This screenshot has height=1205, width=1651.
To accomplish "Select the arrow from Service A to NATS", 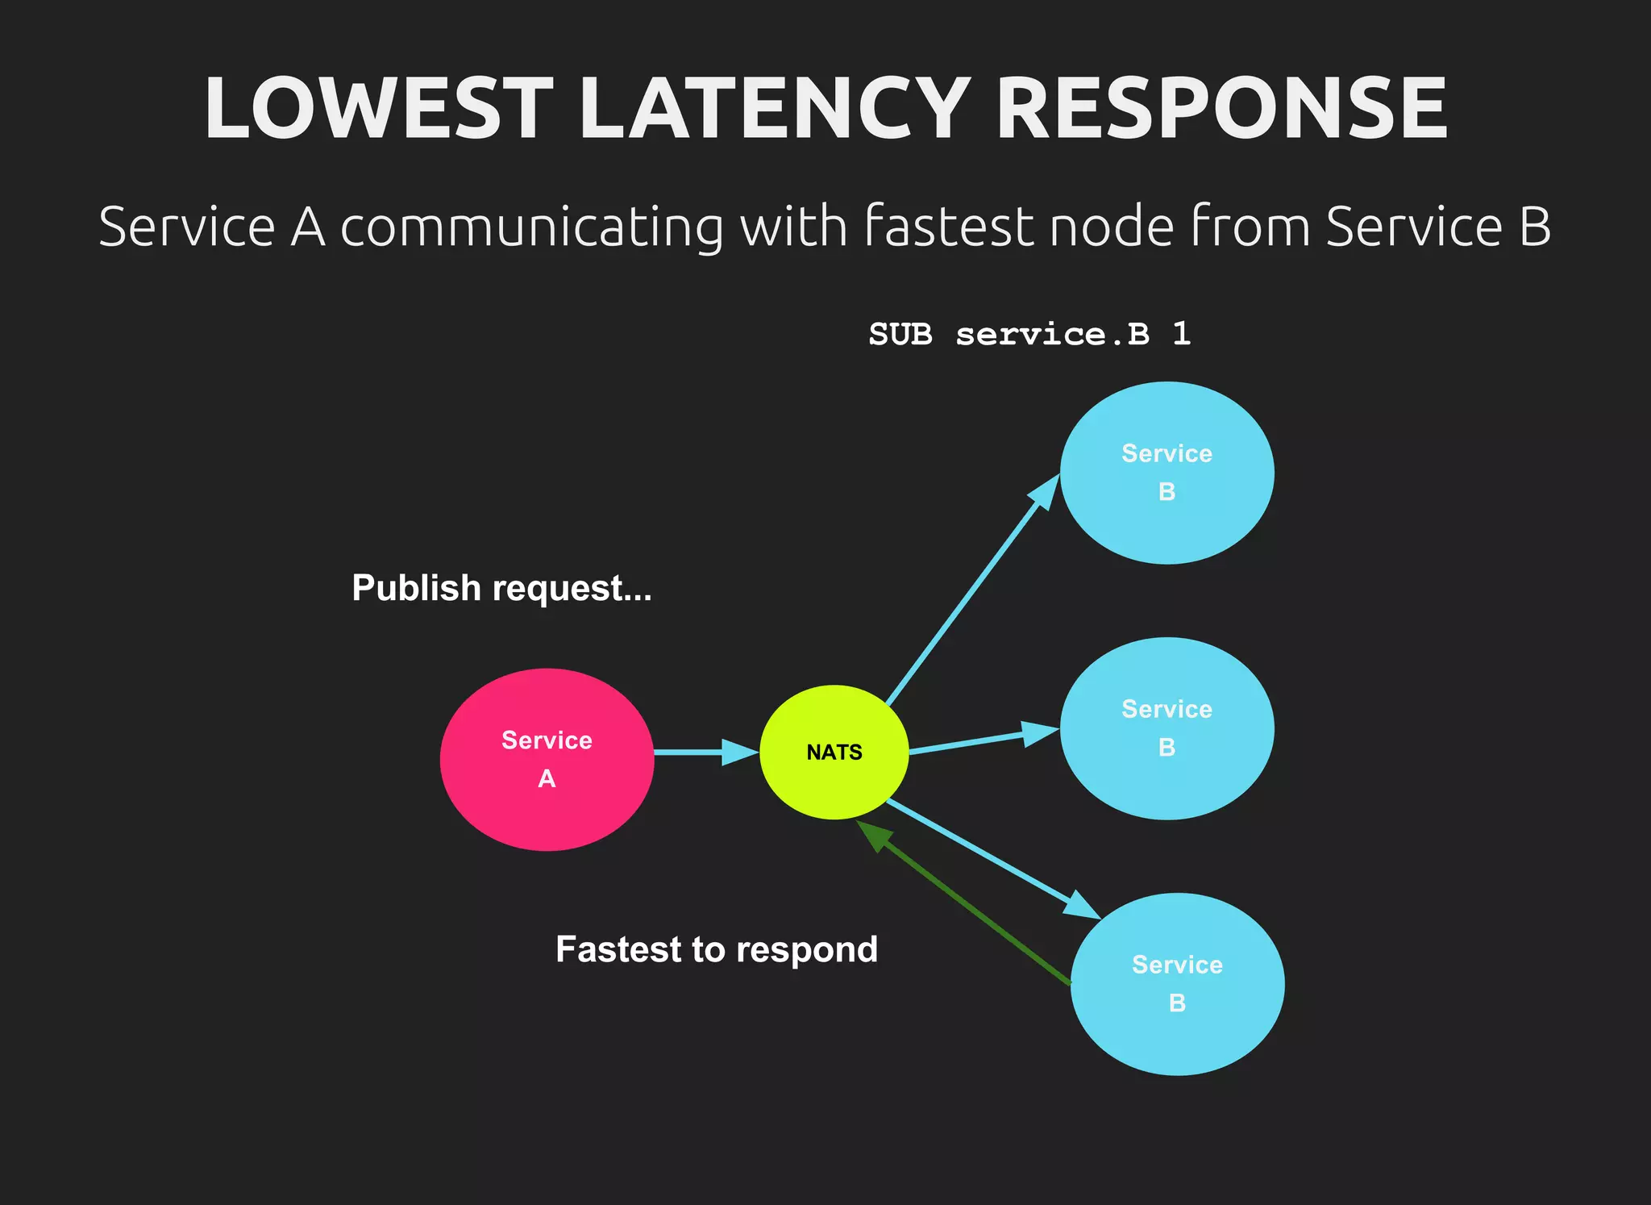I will point(701,752).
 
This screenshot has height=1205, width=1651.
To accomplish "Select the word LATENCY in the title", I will point(774,109).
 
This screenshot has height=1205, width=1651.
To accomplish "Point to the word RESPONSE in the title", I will point(1221,109).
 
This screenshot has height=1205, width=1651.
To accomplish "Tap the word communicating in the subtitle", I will point(532,227).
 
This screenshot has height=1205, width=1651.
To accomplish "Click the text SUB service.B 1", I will point(1029,334).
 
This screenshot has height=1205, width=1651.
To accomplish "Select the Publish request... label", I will point(501,588).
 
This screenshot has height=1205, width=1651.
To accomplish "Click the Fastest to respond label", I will point(717,949).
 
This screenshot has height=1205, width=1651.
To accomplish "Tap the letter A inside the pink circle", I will point(547,778).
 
